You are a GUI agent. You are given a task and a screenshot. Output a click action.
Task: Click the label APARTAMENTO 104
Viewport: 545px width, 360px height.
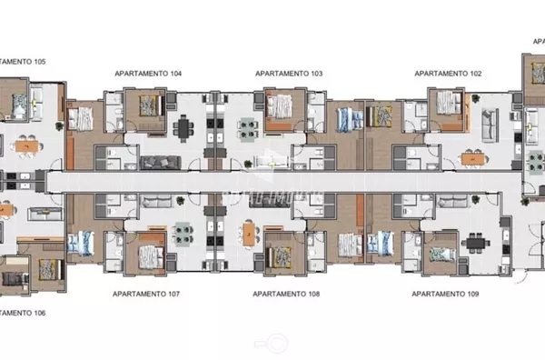148,72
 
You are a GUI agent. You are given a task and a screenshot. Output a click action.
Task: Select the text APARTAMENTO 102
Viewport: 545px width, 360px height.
448,72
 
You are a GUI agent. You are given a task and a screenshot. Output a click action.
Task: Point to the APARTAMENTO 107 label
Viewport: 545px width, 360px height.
146,295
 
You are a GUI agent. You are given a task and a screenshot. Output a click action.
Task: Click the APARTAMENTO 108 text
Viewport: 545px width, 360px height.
286,295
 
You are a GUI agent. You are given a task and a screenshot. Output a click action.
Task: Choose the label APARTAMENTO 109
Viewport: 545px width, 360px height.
445,295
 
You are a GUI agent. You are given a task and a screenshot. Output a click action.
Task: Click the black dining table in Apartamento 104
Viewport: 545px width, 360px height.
186,127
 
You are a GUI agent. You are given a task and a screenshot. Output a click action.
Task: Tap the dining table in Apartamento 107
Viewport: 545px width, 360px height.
185,232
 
